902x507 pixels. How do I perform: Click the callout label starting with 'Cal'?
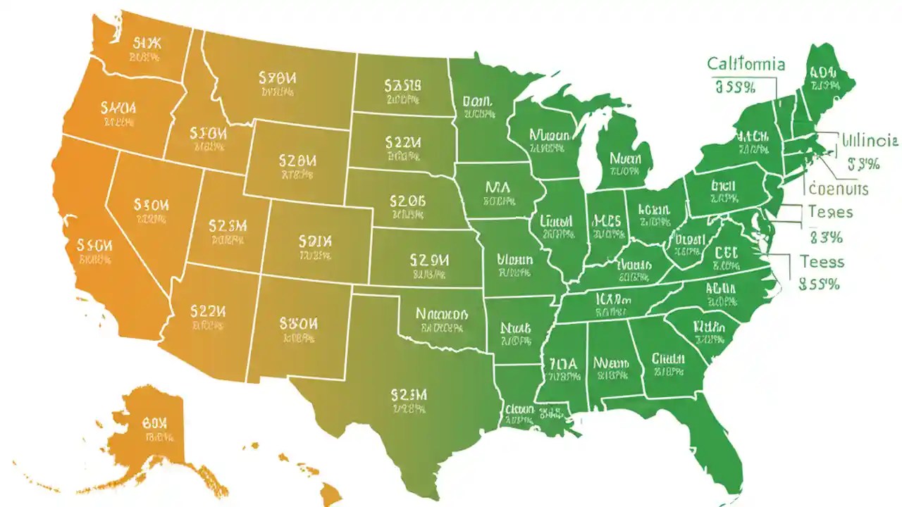point(746,64)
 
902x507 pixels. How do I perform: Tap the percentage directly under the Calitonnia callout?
point(735,87)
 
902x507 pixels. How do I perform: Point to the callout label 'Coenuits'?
point(839,189)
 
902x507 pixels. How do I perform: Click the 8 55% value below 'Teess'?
point(820,284)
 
